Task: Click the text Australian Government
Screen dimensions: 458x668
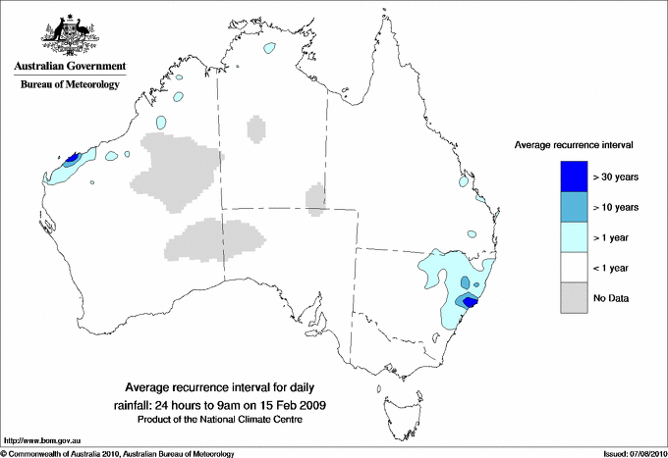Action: coord(70,67)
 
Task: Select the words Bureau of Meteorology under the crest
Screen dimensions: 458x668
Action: coord(70,84)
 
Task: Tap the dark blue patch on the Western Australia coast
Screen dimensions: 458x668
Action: coord(72,158)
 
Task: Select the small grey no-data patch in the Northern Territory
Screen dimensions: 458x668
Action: coord(255,127)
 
